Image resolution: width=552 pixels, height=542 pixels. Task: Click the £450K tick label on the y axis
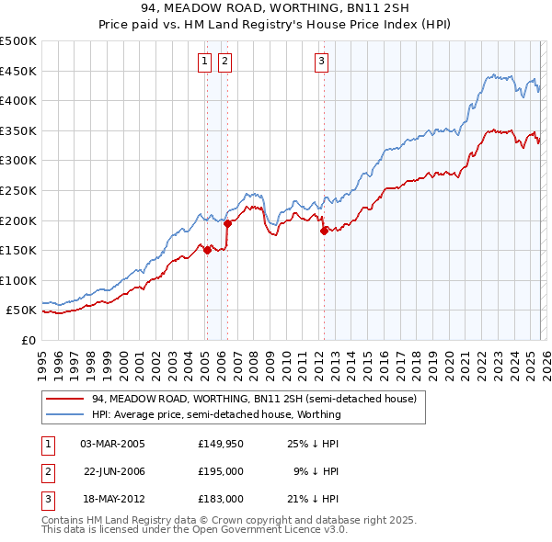18,71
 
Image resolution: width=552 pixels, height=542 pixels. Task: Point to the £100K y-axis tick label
18,280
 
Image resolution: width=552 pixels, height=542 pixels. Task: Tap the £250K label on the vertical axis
18,190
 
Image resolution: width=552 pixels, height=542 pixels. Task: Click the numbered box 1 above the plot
203,62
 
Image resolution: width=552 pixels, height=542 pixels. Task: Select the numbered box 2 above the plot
224,62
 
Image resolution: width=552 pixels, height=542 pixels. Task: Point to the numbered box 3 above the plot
321,62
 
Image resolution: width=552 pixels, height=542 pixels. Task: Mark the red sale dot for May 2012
324,231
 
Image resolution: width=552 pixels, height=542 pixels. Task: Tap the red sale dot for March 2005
207,250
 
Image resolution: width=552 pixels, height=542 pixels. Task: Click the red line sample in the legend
65,400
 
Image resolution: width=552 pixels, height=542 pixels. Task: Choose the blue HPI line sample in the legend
65,414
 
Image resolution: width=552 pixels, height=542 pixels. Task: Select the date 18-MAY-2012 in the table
112,499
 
